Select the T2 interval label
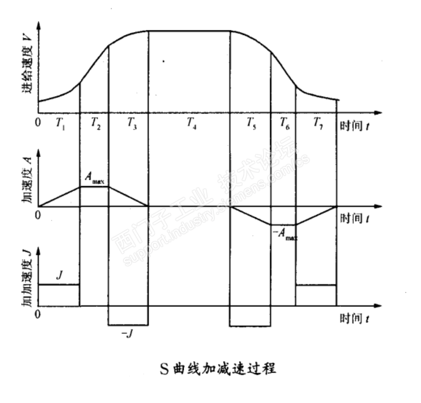(x=95, y=123)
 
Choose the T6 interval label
(x=284, y=123)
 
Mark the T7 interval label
(x=317, y=123)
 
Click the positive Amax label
(x=94, y=178)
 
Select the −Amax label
(x=283, y=235)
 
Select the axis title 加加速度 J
(x=27, y=280)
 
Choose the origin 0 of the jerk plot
(x=38, y=315)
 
